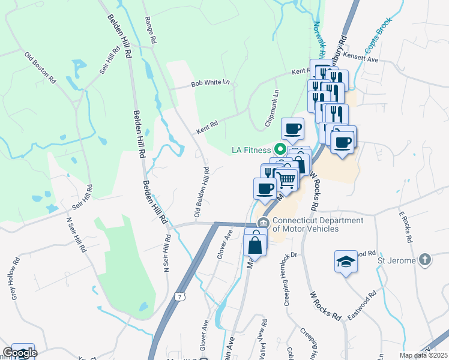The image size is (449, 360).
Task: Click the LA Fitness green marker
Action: [279, 149]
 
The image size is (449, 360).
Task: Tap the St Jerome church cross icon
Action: [425, 260]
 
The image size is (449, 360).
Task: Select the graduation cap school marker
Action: [345, 262]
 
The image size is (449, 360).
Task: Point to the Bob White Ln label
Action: [210, 85]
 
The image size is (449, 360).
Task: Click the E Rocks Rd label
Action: [406, 226]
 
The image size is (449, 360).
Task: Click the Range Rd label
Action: [150, 29]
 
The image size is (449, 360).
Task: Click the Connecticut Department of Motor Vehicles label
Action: [318, 224]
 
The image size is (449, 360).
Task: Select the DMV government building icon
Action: [262, 223]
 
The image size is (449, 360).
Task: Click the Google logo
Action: [20, 353]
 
